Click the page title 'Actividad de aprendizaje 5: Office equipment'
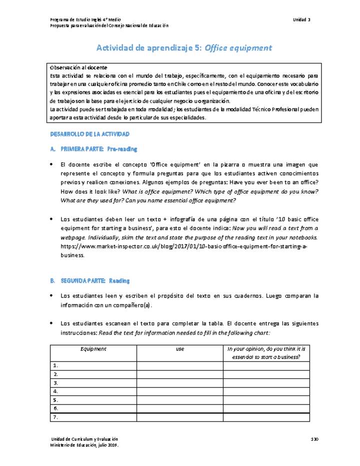tap(184, 48)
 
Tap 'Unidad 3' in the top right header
tap(302, 19)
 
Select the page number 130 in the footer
tap(314, 438)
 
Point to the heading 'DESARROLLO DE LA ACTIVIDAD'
tap(90, 134)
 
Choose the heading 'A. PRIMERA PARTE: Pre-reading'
tap(94, 149)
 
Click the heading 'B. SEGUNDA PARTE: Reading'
tap(90, 281)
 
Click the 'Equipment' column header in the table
tap(93, 349)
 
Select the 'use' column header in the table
tap(180, 349)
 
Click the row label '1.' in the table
tap(55, 366)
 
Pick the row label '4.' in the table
tap(55, 391)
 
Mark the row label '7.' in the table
tap(55, 417)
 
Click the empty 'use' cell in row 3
tap(180, 383)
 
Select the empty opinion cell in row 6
tap(266, 408)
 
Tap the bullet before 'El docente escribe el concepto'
tap(52, 164)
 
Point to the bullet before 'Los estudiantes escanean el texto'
tap(52, 323)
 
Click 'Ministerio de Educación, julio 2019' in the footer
tap(84, 444)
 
